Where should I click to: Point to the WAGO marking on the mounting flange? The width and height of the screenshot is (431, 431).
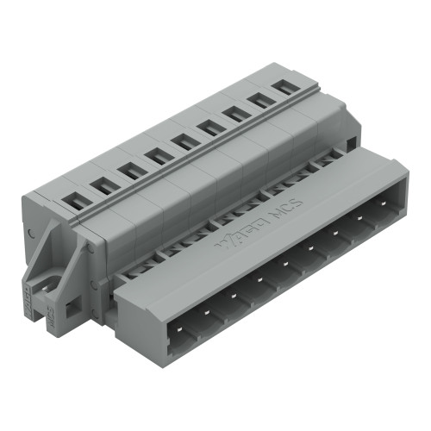click(27, 294)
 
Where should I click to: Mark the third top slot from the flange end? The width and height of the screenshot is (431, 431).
click(131, 170)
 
